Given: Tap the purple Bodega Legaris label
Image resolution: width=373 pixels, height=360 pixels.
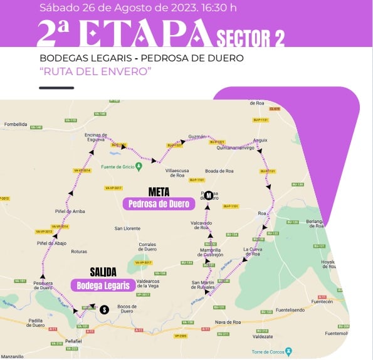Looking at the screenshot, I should point(103,285).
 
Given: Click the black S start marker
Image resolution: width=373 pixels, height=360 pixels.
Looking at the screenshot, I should point(104,308).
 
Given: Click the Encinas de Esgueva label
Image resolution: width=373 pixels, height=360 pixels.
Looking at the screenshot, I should point(100,138).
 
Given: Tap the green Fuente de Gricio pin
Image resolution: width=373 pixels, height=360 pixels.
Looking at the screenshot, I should point(139,165).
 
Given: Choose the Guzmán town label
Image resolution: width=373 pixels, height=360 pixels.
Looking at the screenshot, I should point(197,136).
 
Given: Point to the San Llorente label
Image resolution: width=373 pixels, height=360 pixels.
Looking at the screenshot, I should point(127,228).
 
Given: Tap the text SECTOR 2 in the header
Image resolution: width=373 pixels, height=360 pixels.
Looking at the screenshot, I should point(250,38).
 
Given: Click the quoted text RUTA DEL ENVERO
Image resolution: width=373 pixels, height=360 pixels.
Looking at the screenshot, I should point(96,71).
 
